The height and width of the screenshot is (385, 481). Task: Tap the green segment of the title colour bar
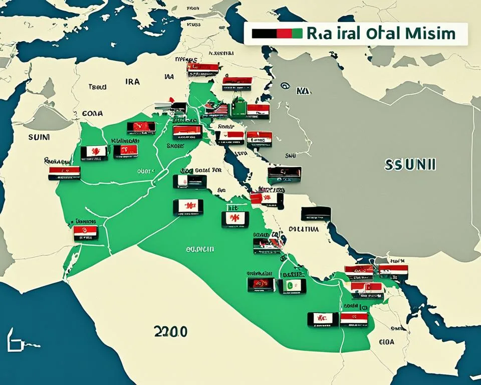[296, 34]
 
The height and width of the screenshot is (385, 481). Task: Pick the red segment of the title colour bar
[283, 34]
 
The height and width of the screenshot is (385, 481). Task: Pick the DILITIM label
[303, 229]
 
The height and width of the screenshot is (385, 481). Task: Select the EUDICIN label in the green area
[200, 249]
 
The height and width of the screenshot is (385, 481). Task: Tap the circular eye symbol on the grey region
[285, 86]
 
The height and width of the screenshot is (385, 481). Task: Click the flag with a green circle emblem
[292, 286]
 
